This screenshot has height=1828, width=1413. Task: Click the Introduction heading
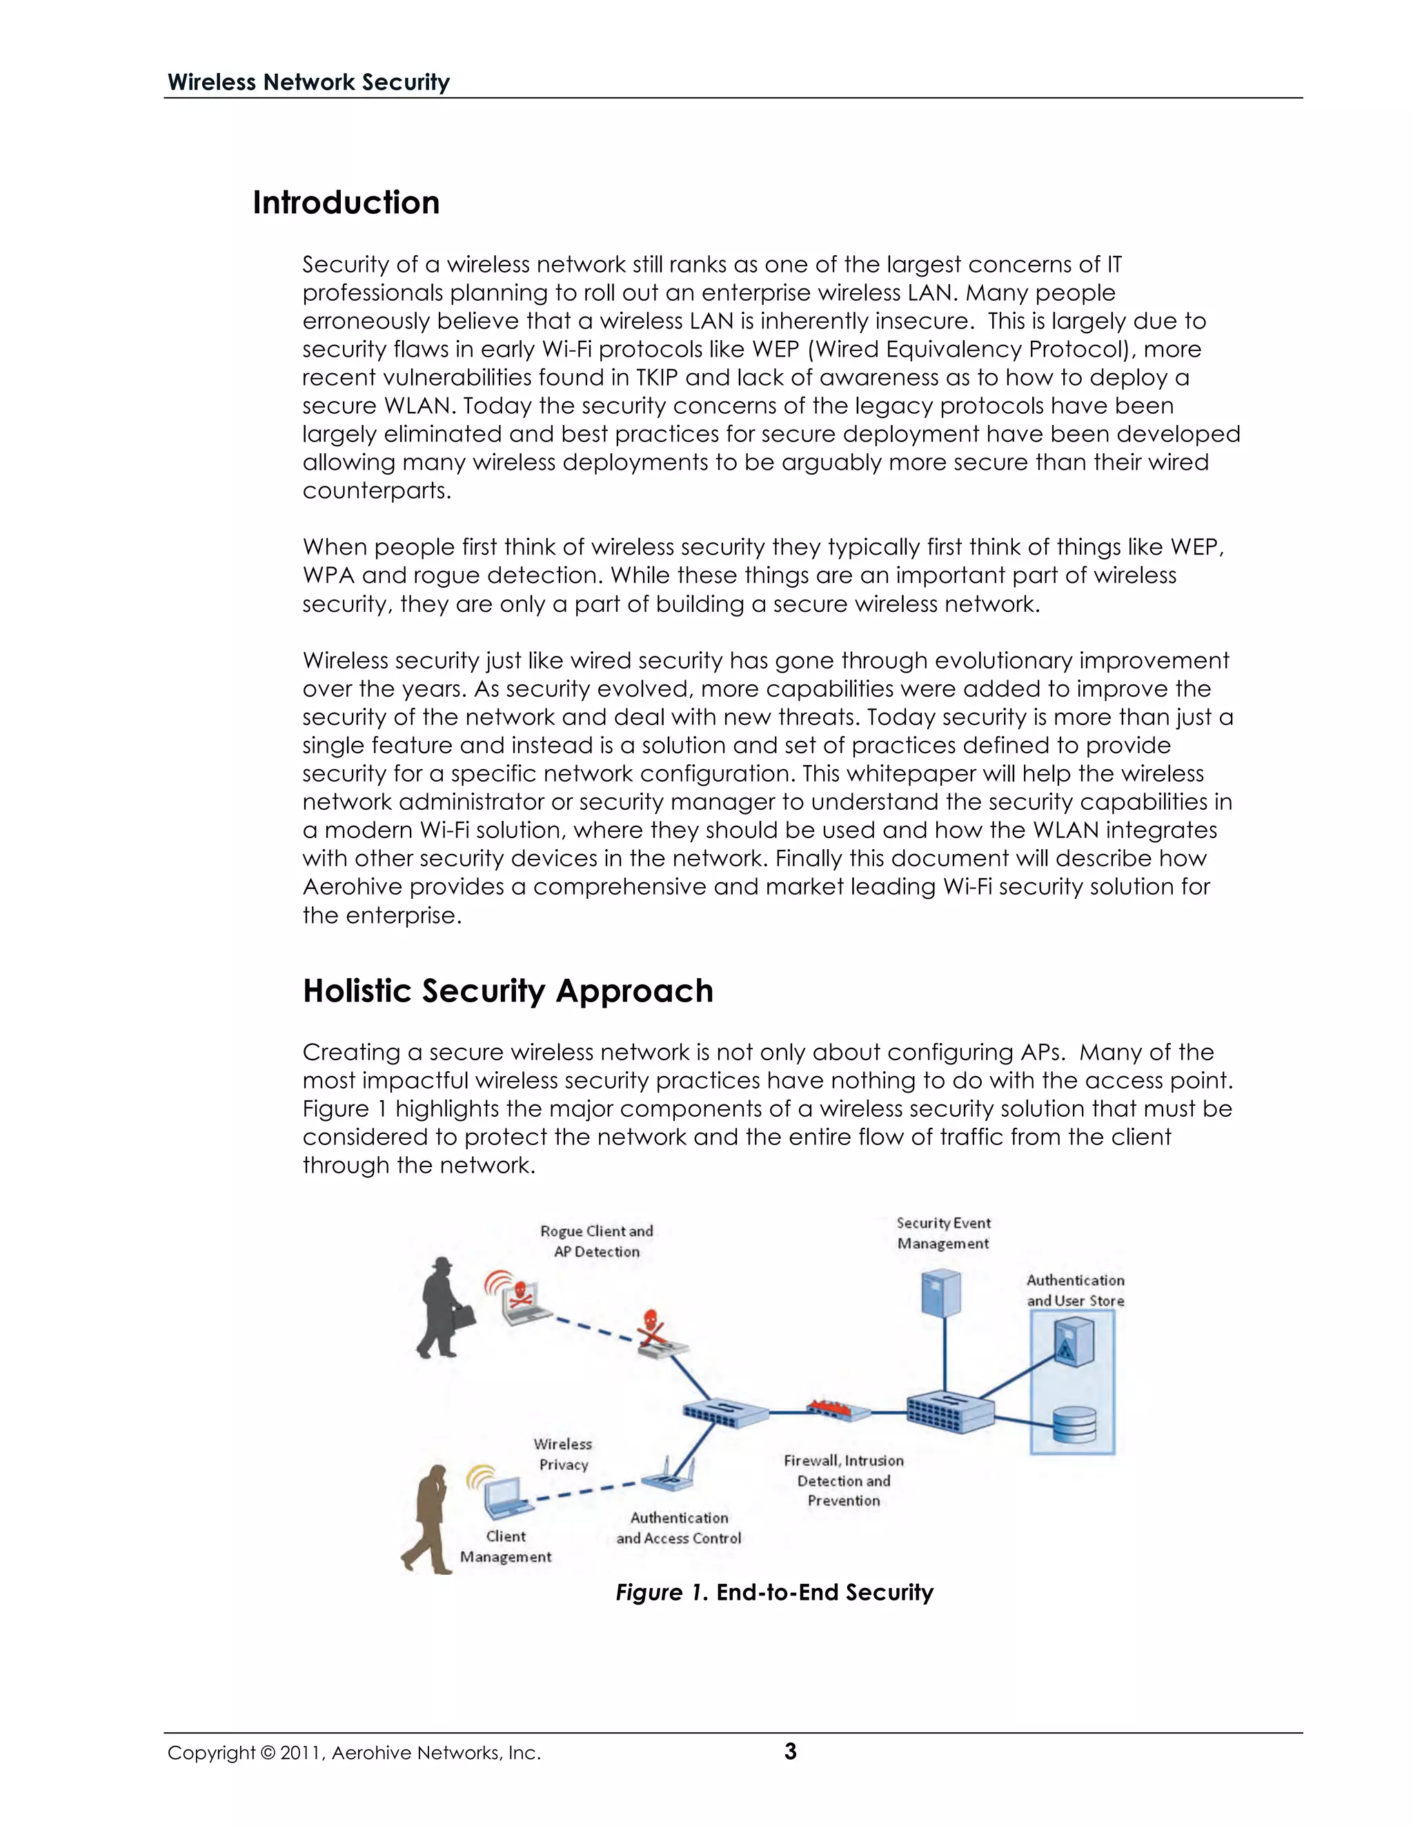[x=346, y=203]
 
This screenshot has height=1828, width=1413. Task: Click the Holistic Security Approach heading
[x=507, y=991]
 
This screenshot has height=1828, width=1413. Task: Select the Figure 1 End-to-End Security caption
[x=774, y=1592]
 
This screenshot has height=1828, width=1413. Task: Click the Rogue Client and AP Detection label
[x=596, y=1241]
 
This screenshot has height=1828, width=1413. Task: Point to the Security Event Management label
[x=943, y=1233]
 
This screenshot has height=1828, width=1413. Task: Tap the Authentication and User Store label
[x=1076, y=1290]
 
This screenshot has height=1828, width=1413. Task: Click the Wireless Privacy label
[x=564, y=1454]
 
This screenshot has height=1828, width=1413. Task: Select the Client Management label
[x=506, y=1546]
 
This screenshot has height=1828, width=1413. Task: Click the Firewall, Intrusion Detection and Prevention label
[x=844, y=1480]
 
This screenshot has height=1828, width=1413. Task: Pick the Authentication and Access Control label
[x=679, y=1527]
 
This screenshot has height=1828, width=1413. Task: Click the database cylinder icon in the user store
[x=1074, y=1424]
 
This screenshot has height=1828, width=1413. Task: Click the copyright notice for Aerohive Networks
[x=354, y=1753]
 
